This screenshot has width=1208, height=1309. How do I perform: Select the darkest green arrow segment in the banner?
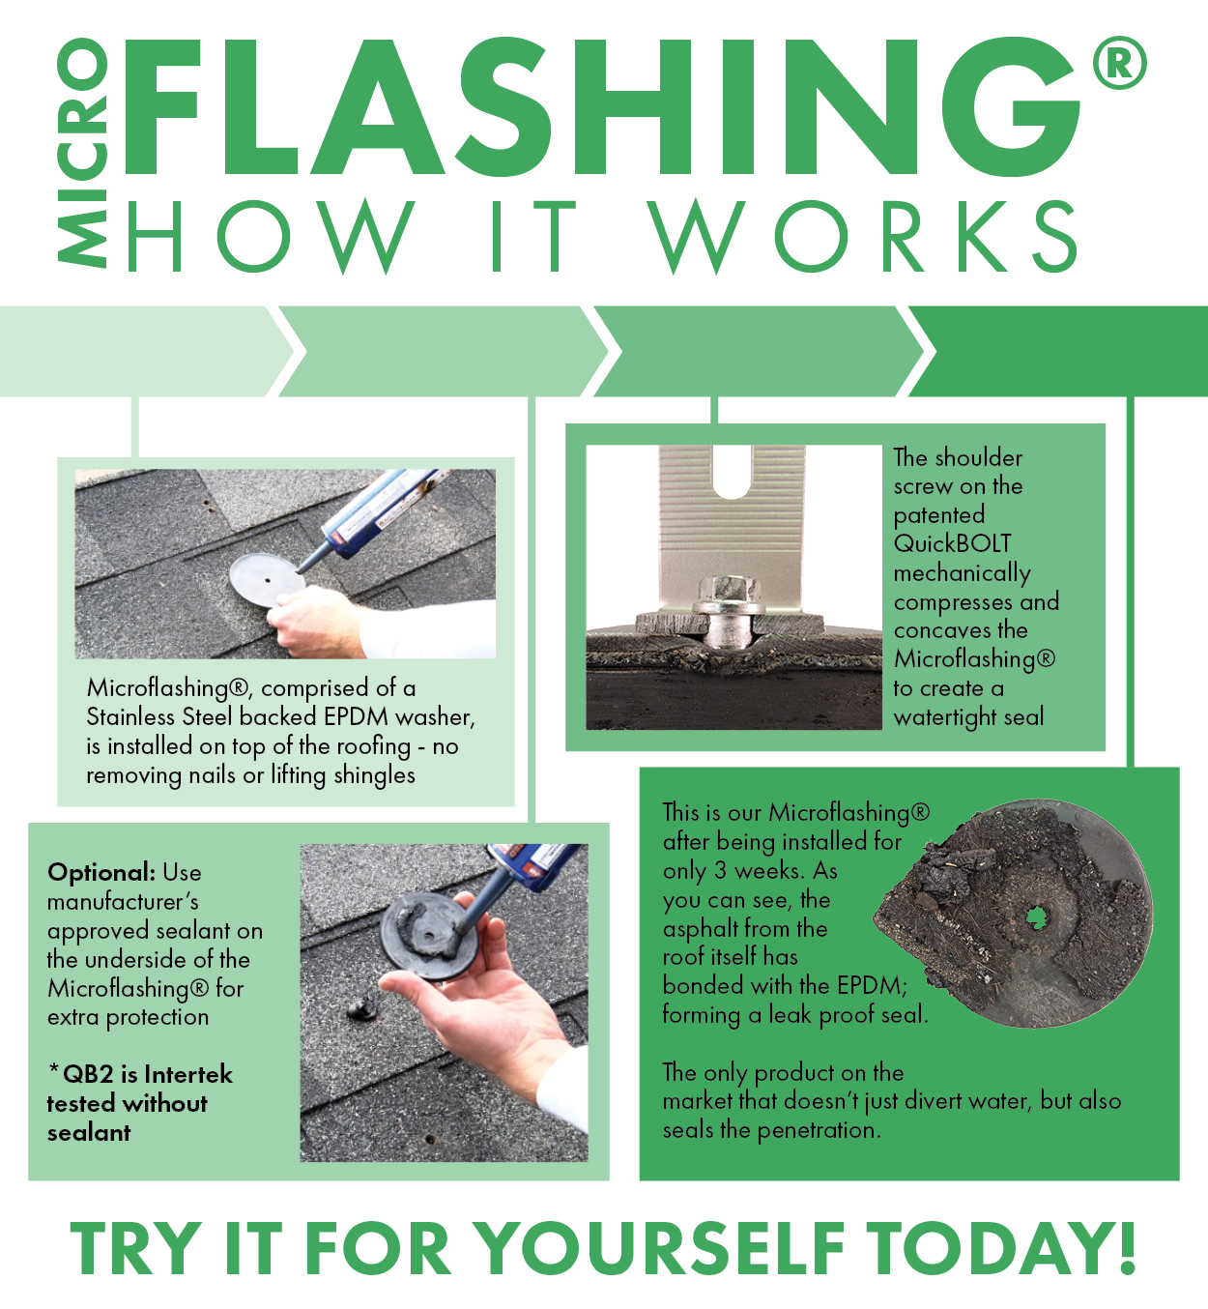point(1063,351)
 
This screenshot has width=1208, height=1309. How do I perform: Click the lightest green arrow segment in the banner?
point(135,351)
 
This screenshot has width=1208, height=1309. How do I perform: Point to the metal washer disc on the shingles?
point(266,579)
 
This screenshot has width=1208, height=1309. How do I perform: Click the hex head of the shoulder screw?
point(722,590)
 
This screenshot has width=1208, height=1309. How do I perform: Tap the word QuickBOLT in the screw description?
point(952,543)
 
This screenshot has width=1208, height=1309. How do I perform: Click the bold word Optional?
point(101,872)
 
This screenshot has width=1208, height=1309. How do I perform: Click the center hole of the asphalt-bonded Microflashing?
point(1036,915)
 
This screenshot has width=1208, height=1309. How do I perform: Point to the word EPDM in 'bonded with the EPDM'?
point(872,985)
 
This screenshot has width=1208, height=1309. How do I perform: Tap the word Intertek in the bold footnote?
point(188,1074)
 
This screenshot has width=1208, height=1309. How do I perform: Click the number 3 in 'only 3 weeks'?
point(720,870)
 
